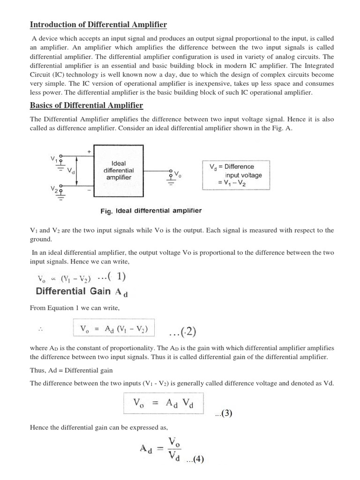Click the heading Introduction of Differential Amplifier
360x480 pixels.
(x=98, y=24)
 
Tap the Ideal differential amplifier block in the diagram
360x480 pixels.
(x=119, y=171)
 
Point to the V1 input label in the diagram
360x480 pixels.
(x=54, y=159)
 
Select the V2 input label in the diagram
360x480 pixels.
(x=54, y=188)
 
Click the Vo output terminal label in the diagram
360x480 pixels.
(x=178, y=174)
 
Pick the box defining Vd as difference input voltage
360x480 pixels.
(x=236, y=174)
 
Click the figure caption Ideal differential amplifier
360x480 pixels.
(x=151, y=211)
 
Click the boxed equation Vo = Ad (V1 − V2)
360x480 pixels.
(x=114, y=329)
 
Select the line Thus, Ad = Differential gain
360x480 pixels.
(x=71, y=370)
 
